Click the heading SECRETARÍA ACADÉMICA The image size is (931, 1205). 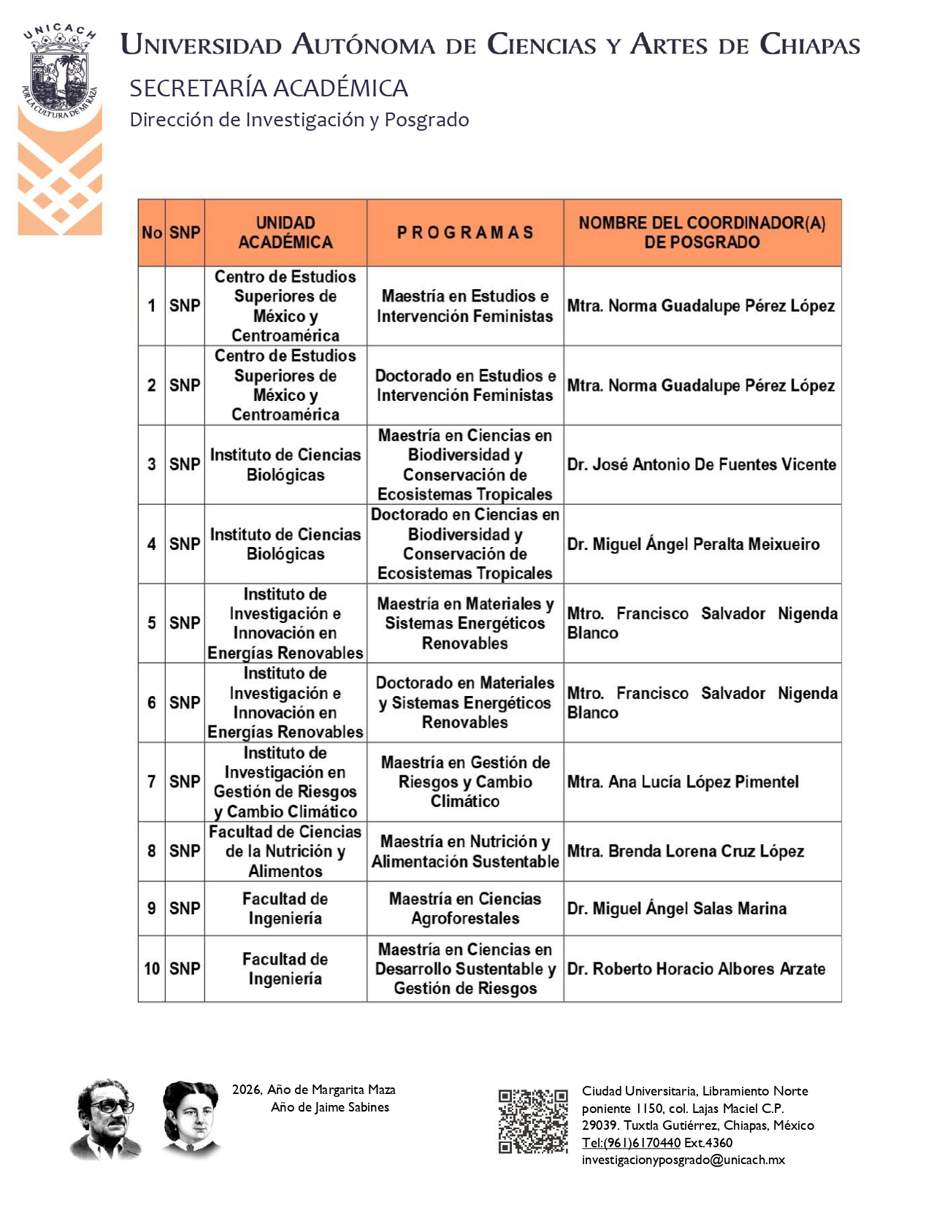tap(269, 88)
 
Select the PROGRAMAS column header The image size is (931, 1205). tap(465, 232)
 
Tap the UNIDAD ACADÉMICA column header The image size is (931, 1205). tap(285, 232)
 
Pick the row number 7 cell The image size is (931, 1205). tap(151, 781)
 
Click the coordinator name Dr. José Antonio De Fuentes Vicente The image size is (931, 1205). tap(701, 464)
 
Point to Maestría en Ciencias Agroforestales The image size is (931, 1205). tap(465, 908)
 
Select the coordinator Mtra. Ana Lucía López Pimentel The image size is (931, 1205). tap(683, 782)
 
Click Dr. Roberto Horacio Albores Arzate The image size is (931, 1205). tap(696, 969)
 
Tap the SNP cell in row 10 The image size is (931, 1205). tap(185, 969)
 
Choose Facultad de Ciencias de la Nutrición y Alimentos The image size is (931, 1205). tap(285, 852)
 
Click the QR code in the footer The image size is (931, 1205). tap(533, 1121)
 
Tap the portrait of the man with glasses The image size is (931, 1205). tap(107, 1119)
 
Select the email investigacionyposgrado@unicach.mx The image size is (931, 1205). tap(683, 1160)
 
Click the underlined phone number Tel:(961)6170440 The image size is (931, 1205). tap(631, 1143)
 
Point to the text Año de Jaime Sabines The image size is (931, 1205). tap(329, 1107)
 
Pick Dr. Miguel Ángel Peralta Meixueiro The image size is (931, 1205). tap(693, 544)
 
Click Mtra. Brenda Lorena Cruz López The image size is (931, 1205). tap(685, 852)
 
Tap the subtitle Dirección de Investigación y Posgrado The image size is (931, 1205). tap(299, 120)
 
